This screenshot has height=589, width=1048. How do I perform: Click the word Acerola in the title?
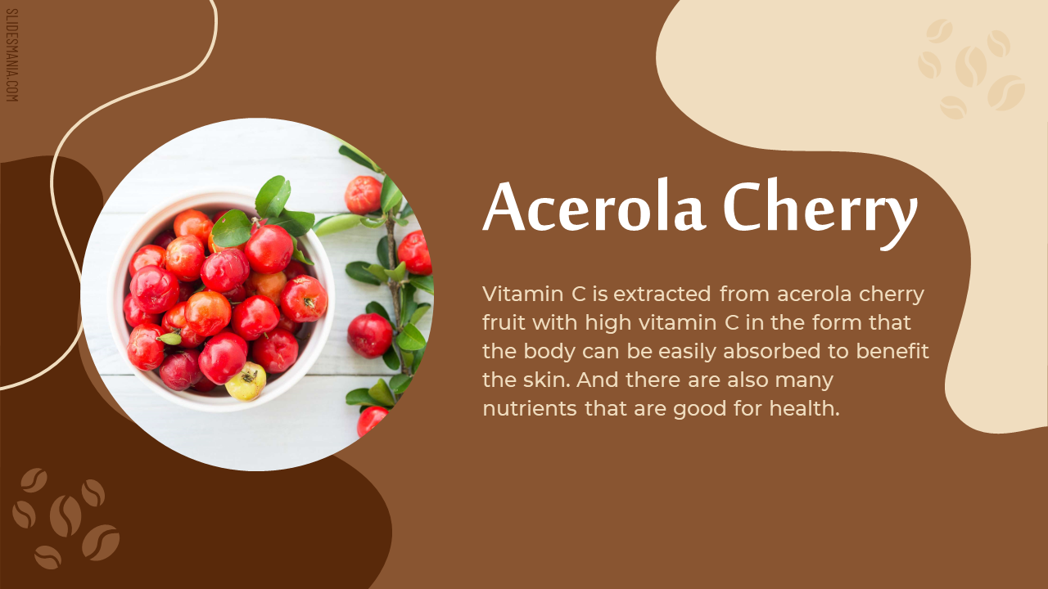pyautogui.click(x=594, y=206)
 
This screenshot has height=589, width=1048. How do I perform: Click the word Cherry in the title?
pyautogui.click(x=820, y=214)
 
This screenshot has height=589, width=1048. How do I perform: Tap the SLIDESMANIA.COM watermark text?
pyautogui.click(x=11, y=55)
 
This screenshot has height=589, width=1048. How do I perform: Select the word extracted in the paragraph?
pyautogui.click(x=662, y=294)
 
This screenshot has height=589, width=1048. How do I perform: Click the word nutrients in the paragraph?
pyautogui.click(x=530, y=408)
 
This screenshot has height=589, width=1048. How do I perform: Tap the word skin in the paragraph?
pyautogui.click(x=547, y=380)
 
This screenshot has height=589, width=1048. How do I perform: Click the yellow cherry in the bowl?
pyautogui.click(x=246, y=381)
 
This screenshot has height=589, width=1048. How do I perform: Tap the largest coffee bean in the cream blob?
pyautogui.click(x=971, y=66)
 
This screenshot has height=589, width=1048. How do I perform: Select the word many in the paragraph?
pyautogui.click(x=804, y=381)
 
